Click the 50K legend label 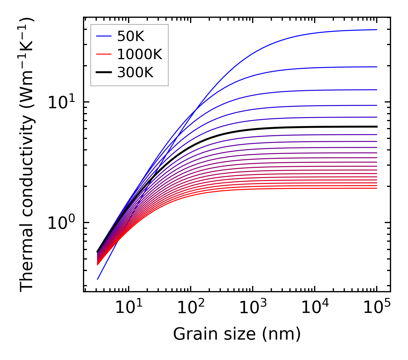[x=131, y=36]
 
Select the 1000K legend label [x=140, y=54]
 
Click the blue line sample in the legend [x=103, y=36]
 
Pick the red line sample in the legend [x=103, y=54]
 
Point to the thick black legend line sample [x=103, y=72]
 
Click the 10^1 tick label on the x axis [x=129, y=308]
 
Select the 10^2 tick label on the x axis [x=191, y=308]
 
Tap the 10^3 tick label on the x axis [x=253, y=308]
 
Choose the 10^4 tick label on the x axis [x=315, y=308]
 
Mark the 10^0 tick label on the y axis [x=61, y=223]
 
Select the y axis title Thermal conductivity [x=27, y=154]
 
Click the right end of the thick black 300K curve [x=376, y=127]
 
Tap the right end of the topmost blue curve [x=376, y=30]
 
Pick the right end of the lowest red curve [x=376, y=188]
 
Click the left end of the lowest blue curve [x=98, y=279]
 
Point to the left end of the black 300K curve [x=98, y=252]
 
